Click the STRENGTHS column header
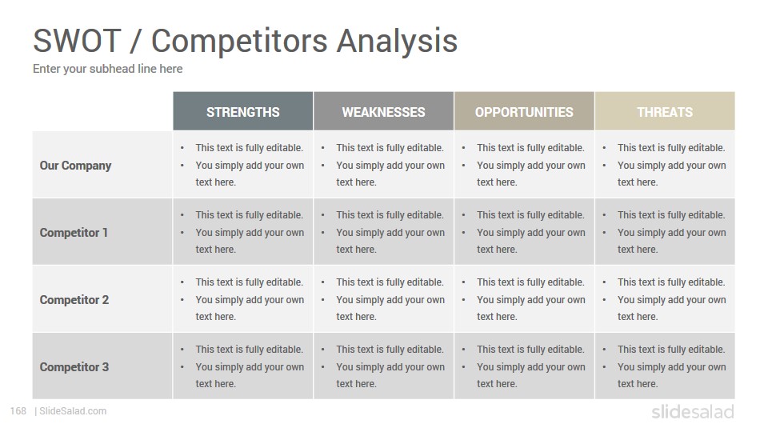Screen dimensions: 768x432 243,112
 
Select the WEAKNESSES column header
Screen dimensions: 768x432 383,112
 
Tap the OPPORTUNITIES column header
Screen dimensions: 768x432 524,112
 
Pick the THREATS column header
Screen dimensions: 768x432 665,112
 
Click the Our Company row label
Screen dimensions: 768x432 75,166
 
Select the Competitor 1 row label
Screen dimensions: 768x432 74,233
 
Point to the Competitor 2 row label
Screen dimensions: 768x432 74,300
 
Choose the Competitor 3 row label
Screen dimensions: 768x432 74,367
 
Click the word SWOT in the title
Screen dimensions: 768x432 77,40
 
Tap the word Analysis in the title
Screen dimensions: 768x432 397,40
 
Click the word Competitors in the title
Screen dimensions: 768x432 239,40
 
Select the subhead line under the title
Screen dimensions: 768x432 108,69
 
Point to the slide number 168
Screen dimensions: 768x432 18,411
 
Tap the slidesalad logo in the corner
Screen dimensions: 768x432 693,411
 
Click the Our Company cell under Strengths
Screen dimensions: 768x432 243,165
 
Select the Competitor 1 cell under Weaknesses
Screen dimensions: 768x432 383,232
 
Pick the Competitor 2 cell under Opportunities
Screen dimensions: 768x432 524,298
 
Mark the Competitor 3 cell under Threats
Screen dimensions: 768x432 665,366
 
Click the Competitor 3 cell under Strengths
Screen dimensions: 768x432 243,366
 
